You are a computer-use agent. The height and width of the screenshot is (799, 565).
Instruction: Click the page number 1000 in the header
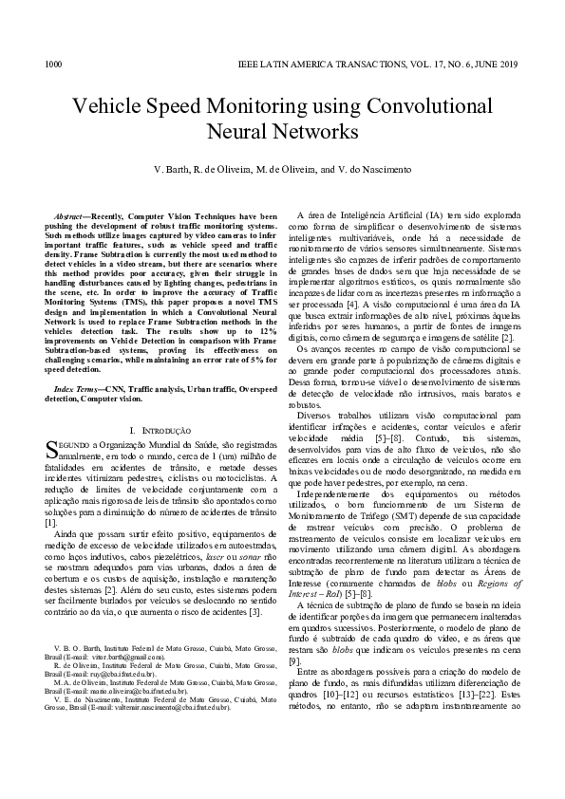[53, 65]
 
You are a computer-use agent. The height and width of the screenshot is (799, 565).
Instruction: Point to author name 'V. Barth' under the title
[172, 169]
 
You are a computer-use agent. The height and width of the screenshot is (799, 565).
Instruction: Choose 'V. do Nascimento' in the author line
[377, 169]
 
